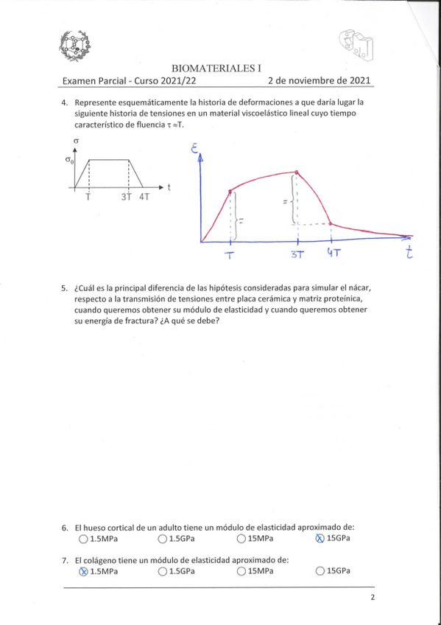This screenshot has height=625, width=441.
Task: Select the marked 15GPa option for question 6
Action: tap(320, 539)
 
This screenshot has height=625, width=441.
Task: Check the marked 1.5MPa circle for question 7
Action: tap(82, 571)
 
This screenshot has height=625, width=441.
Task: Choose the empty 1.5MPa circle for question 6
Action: tap(82, 539)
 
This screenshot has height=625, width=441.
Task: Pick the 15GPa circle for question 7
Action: tap(320, 571)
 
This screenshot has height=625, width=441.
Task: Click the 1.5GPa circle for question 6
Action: tap(162, 539)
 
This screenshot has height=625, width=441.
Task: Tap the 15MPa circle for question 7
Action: tap(241, 571)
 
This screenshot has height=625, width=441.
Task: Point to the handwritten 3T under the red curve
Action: tap(297, 255)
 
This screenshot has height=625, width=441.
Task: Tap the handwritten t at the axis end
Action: tap(409, 252)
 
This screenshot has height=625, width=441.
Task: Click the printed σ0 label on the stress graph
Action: tap(70, 160)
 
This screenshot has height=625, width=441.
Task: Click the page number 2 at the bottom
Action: tap(373, 598)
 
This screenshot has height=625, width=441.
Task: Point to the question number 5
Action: tap(66, 288)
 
